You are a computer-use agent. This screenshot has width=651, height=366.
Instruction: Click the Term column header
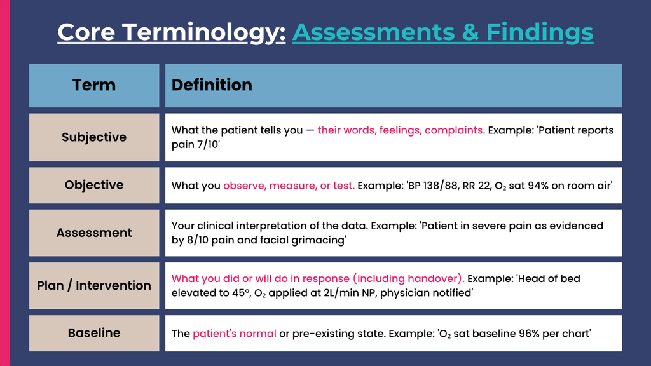pyautogui.click(x=94, y=85)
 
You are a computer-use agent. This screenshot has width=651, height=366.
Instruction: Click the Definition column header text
pyautogui.click(x=212, y=85)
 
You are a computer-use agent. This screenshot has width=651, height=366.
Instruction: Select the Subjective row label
pyautogui.click(x=94, y=137)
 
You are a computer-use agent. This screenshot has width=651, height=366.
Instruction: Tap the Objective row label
pyautogui.click(x=94, y=185)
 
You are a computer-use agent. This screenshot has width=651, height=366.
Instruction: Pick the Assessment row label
pyautogui.click(x=94, y=233)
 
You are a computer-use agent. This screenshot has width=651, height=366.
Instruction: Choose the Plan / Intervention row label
pyautogui.click(x=94, y=285)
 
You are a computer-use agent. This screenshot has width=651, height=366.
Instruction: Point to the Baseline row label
pyautogui.click(x=94, y=333)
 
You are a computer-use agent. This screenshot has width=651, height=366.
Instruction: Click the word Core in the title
pyautogui.click(x=86, y=32)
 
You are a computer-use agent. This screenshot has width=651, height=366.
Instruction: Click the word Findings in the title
pyautogui.click(x=539, y=33)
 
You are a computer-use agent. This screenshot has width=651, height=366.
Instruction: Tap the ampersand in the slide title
pyautogui.click(x=470, y=32)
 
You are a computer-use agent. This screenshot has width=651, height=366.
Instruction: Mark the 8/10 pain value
pyautogui.click(x=198, y=240)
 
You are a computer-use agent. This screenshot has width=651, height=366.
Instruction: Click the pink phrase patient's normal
pyautogui.click(x=235, y=334)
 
